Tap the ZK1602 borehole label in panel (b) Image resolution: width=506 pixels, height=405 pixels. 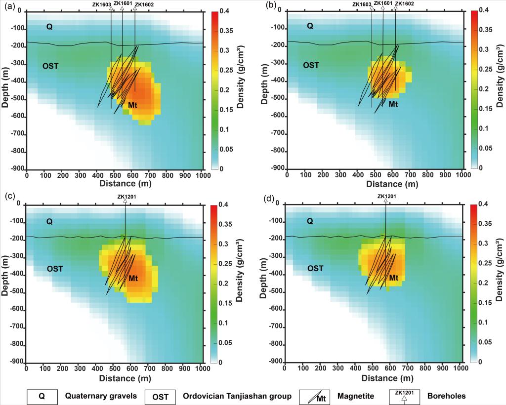click(x=405, y=4)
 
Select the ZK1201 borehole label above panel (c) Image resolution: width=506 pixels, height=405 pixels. click(x=125, y=196)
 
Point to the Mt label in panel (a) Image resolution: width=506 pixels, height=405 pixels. click(x=132, y=105)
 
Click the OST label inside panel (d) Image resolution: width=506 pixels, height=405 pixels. click(x=315, y=268)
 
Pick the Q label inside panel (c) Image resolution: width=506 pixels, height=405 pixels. click(x=49, y=222)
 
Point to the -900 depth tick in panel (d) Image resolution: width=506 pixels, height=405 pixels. click(x=275, y=362)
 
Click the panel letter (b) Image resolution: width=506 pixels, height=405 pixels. click(x=271, y=5)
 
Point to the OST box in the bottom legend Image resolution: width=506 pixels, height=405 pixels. click(x=160, y=396)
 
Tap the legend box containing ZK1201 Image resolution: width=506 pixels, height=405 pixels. click(x=405, y=396)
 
